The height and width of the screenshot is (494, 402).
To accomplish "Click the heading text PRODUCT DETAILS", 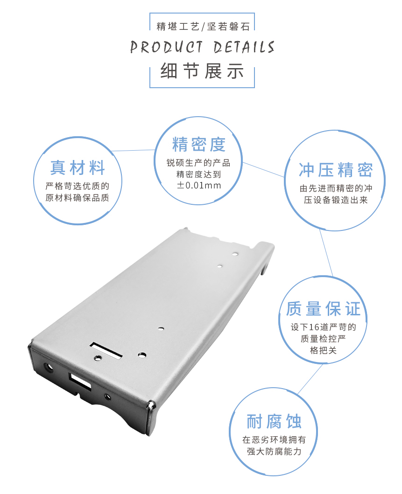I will (x=202, y=48).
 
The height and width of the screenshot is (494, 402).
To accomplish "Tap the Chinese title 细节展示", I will (x=202, y=71).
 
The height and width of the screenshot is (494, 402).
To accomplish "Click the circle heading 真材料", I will (x=78, y=167).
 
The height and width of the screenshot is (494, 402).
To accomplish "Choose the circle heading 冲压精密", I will (x=336, y=170).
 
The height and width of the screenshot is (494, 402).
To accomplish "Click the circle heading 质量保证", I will (x=323, y=309).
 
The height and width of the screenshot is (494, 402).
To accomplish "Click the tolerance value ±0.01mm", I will (x=199, y=186).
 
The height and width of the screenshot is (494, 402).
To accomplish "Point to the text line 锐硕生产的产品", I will (x=199, y=163).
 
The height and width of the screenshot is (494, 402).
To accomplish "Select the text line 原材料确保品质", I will (x=78, y=197).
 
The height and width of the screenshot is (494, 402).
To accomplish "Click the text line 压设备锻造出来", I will (x=336, y=201).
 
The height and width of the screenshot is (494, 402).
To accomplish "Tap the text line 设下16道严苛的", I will (x=323, y=327).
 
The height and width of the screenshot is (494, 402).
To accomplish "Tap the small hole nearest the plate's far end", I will (x=235, y=254).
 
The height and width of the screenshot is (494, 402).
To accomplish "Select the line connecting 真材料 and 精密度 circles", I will (x=135, y=150).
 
